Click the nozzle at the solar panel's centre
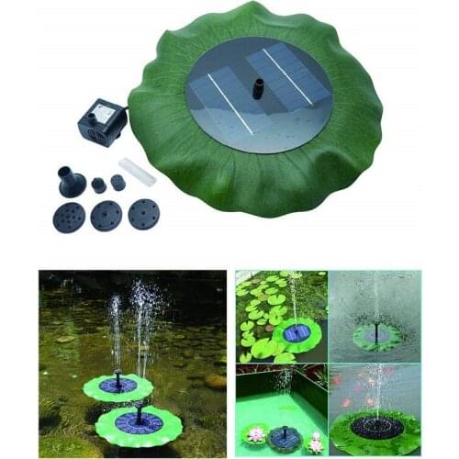tap(259, 88)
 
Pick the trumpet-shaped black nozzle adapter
tap(71, 181)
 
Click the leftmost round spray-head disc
tap(70, 217)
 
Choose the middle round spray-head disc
tap(106, 216)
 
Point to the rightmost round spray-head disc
tap(143, 214)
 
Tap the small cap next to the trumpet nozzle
tap(98, 185)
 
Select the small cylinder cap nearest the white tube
tap(118, 182)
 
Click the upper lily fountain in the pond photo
tap(118, 386)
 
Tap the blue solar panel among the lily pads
tap(296, 332)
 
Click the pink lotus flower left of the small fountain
tap(255, 432)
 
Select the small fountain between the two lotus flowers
tap(284, 436)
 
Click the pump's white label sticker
tap(104, 112)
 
